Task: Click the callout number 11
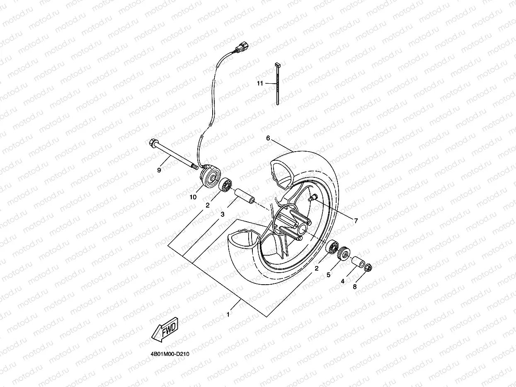click(260, 83)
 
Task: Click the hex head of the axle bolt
click(152, 143)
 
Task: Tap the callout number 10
click(193, 197)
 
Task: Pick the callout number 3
click(223, 214)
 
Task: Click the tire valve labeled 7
click(312, 198)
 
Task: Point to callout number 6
click(268, 138)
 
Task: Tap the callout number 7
click(356, 221)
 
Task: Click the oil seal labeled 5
click(344, 254)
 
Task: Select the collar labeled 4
click(358, 263)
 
